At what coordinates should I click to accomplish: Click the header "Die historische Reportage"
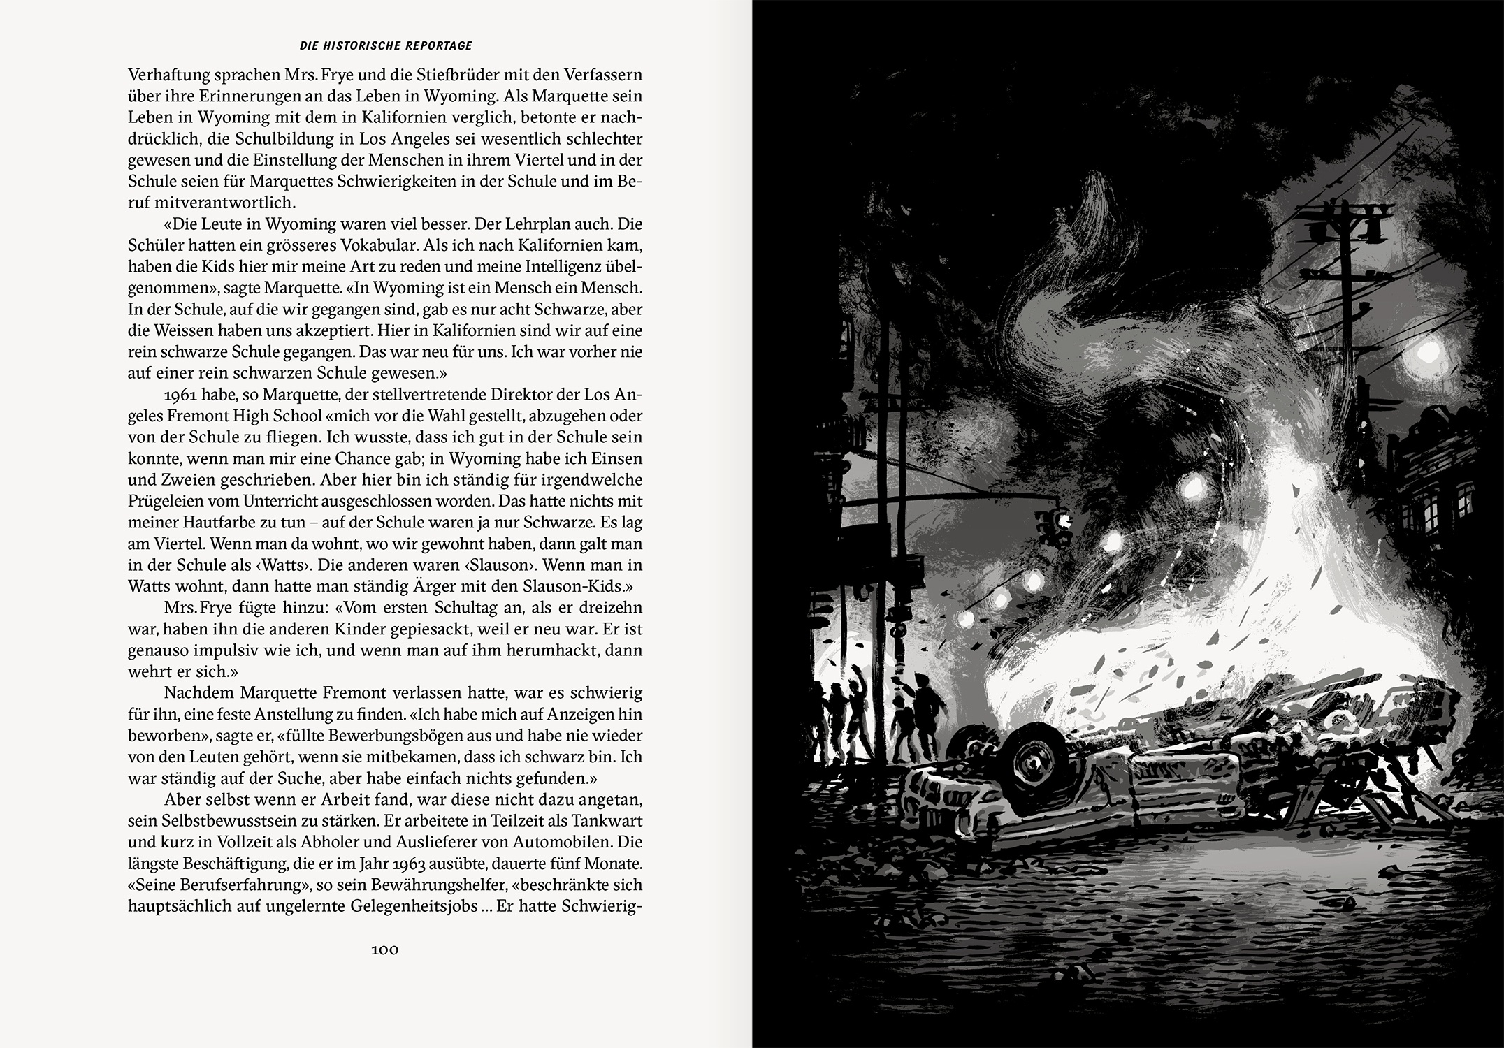(x=385, y=46)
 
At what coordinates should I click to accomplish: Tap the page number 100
(x=385, y=949)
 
